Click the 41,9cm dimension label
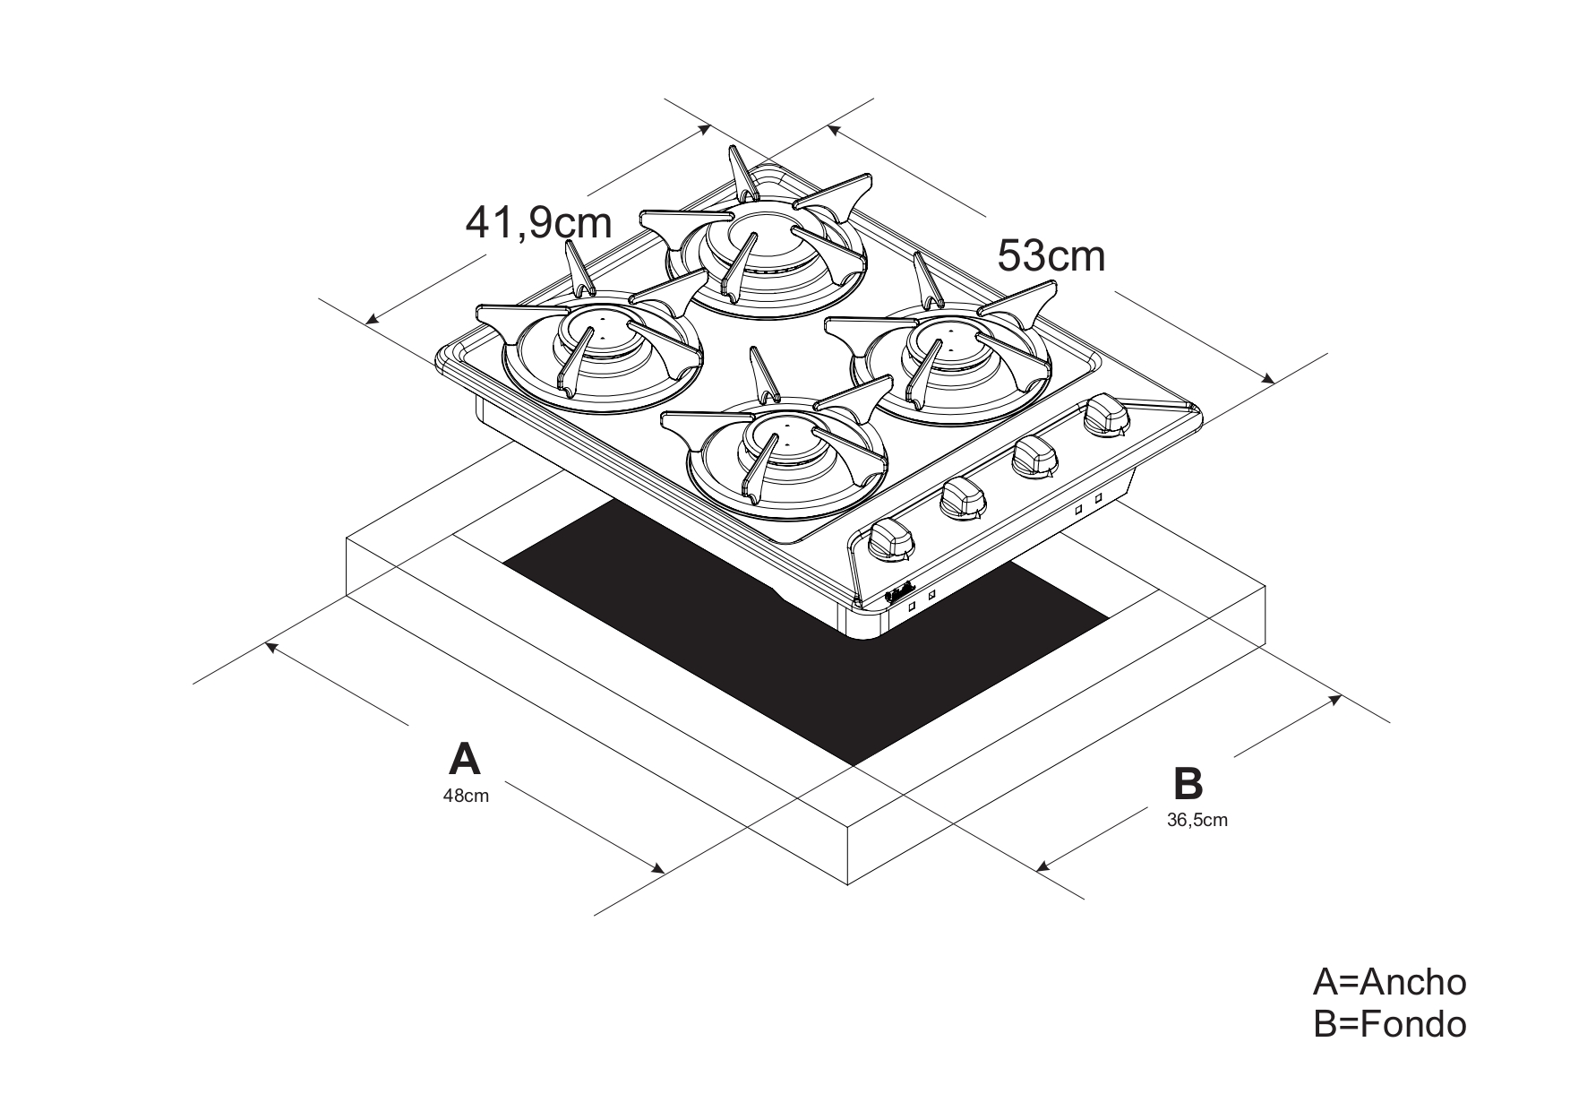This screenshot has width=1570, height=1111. point(538,223)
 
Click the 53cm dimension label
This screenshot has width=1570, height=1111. point(1051,256)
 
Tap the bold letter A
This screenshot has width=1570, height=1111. point(464,759)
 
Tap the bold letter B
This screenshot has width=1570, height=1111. point(1188,783)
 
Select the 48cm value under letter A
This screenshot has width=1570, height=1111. point(466,796)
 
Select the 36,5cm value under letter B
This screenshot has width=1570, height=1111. point(1197,820)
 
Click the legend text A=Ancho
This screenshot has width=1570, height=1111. point(1389,982)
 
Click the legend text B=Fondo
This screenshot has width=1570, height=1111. point(1389,1024)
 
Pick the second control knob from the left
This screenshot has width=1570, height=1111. point(962,497)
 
